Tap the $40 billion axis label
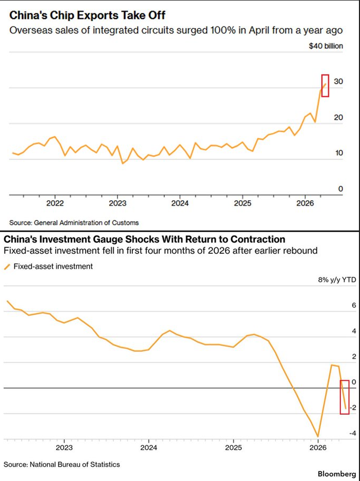[x=326, y=46]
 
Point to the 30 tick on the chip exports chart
[x=338, y=82]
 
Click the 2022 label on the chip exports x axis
[x=55, y=204]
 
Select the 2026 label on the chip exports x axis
[x=305, y=204]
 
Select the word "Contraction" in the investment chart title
[x=255, y=239]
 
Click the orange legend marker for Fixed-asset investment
[x=7, y=266]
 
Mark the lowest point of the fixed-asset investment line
[x=318, y=437]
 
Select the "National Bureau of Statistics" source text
[x=75, y=465]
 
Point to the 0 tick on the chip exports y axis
[x=341, y=189]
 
